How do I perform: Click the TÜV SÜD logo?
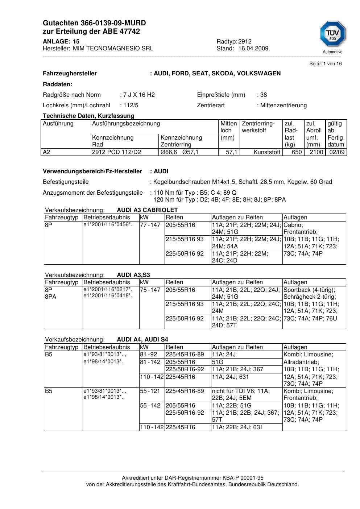point(332,34)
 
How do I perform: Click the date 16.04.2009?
point(253,48)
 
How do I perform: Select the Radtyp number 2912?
point(245,41)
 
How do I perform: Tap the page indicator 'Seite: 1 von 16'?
point(325,64)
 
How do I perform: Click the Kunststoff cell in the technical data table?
point(267,152)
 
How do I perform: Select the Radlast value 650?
point(297,152)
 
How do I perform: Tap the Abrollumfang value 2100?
point(316,152)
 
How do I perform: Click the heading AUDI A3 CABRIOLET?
point(147,210)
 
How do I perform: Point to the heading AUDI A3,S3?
point(133,275)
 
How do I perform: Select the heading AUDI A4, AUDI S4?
point(142,340)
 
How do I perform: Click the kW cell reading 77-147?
point(150,225)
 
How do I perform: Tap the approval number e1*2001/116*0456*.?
point(108,225)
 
